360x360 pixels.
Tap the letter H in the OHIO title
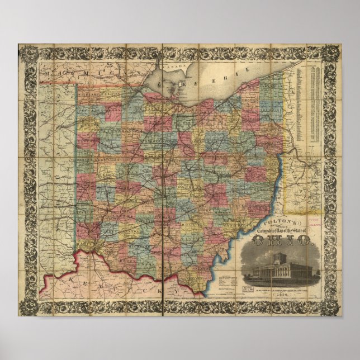click(274, 241)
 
